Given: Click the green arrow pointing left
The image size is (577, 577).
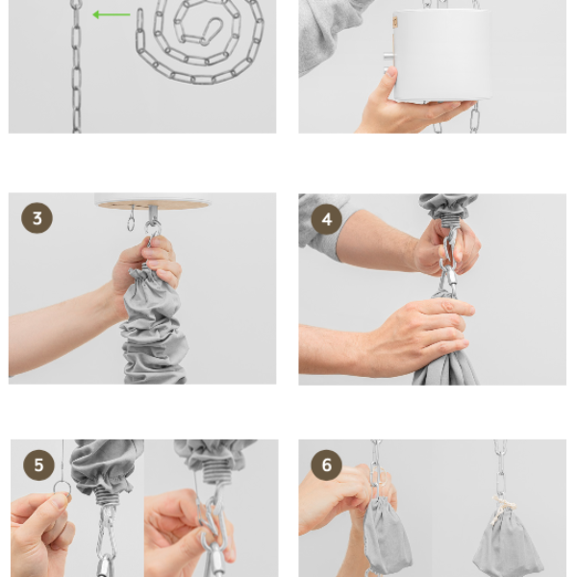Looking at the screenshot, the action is pyautogui.click(x=112, y=14).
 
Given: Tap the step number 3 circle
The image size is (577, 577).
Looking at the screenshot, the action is pyautogui.click(x=37, y=218).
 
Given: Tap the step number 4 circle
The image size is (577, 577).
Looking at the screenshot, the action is pyautogui.click(x=327, y=219).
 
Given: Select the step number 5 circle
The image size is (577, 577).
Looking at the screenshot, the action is pyautogui.click(x=38, y=464).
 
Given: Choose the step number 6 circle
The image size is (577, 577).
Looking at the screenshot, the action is pyautogui.click(x=327, y=464).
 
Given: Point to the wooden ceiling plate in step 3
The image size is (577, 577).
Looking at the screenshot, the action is pyautogui.click(x=153, y=205).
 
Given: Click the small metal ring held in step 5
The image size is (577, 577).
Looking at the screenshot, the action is pyautogui.click(x=63, y=488).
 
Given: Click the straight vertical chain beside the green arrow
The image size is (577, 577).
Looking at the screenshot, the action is pyautogui.click(x=77, y=66).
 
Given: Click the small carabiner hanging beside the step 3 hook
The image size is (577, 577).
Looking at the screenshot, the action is pyautogui.click(x=131, y=220).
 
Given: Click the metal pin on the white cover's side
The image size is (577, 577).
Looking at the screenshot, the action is pyautogui.click(x=389, y=57).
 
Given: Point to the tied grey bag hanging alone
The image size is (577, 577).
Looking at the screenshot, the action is pyautogui.click(x=508, y=540).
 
